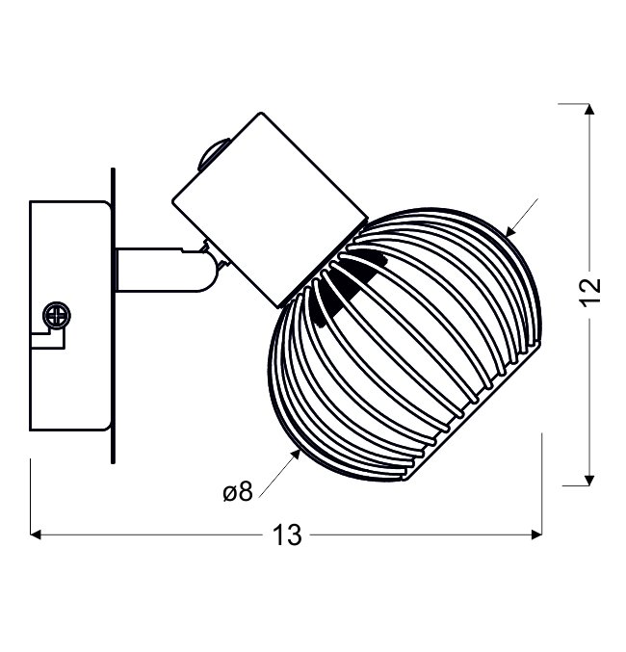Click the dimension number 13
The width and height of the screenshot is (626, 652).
287,535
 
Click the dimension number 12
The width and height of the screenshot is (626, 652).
590,292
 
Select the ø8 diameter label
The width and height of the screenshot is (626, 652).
238,492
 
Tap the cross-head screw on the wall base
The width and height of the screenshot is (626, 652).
57,315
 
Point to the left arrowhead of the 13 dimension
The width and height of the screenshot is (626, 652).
36,535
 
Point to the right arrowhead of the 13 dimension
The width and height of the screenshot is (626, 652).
536,535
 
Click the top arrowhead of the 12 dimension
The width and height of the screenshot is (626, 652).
589,109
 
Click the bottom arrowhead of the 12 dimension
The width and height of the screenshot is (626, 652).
589,480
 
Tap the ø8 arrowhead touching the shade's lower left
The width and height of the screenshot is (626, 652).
296,455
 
